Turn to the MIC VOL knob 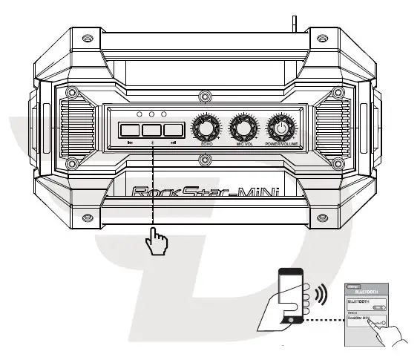[240, 128]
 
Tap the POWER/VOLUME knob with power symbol [280, 128]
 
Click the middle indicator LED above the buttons [151, 114]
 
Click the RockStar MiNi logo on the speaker [205, 192]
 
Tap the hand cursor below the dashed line [157, 241]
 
